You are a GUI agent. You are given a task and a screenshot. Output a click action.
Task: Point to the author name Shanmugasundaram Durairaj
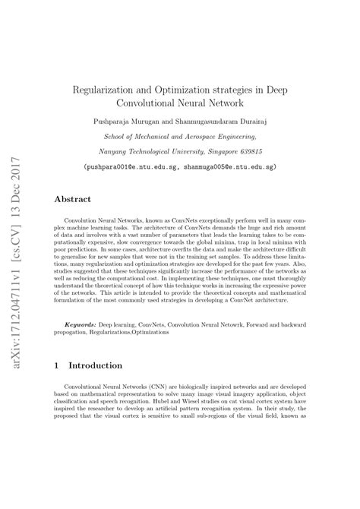[x=235, y=120]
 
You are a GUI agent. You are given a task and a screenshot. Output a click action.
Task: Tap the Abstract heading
[x=72, y=199]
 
